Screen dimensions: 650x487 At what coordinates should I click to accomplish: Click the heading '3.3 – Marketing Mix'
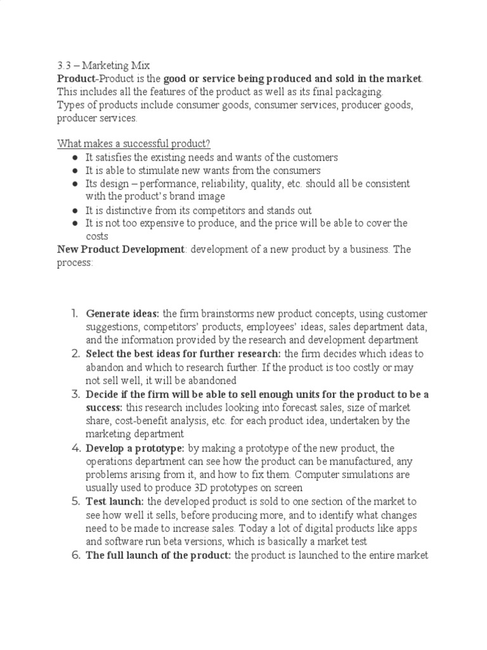(x=101, y=65)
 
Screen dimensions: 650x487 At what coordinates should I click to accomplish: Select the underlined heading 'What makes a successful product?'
(x=133, y=144)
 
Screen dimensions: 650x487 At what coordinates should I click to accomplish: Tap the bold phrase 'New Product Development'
(x=120, y=249)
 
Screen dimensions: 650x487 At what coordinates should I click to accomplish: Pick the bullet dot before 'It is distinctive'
(x=75, y=210)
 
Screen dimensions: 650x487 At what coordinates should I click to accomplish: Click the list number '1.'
(x=75, y=314)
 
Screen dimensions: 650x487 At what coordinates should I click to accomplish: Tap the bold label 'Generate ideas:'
(x=123, y=314)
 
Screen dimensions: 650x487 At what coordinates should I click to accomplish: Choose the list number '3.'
(x=74, y=394)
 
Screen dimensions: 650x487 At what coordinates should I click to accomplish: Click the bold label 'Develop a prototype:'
(x=136, y=448)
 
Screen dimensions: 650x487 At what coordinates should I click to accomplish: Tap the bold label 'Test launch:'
(x=115, y=501)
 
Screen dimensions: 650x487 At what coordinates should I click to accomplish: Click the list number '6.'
(x=74, y=555)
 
